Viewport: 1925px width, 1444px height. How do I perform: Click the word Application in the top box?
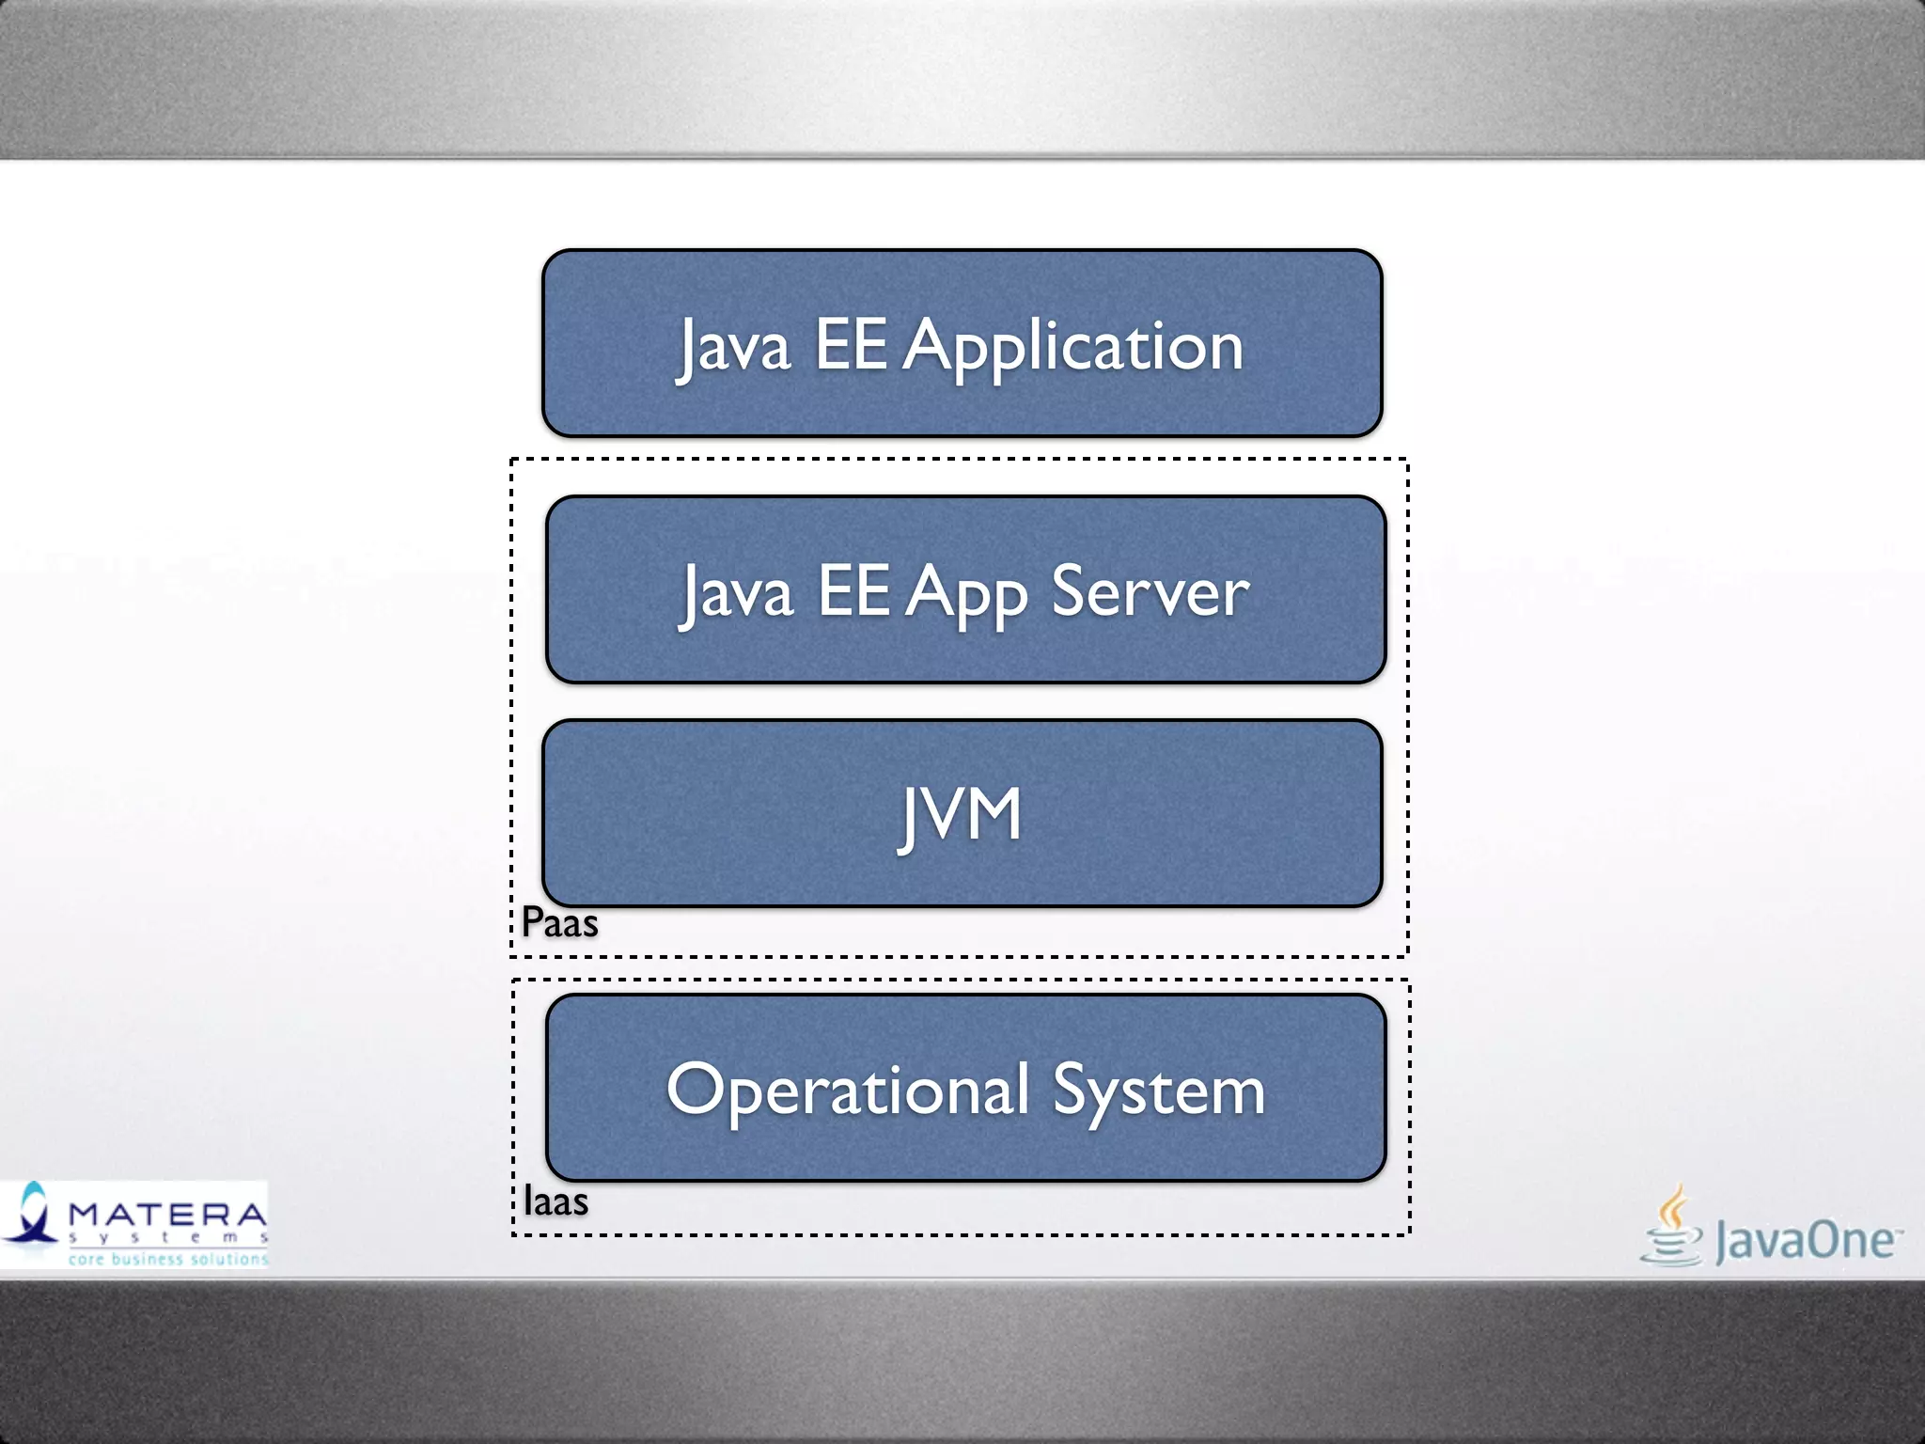1073,347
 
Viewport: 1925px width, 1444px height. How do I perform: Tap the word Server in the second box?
1150,593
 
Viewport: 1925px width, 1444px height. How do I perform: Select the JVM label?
961,815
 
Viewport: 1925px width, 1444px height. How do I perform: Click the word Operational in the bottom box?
848,1091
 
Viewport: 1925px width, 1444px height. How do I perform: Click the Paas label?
560,922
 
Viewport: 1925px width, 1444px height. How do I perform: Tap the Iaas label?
556,1201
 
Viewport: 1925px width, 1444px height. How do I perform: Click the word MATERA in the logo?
167,1215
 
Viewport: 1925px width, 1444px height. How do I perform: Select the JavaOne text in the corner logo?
1805,1241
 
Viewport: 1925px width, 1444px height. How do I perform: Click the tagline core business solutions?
167,1259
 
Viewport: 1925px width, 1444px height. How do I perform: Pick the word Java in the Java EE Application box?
734,347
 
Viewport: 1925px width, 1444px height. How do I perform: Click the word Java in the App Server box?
738,593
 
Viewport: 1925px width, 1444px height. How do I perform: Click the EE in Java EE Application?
851,345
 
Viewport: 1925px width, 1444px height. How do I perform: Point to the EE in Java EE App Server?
853,591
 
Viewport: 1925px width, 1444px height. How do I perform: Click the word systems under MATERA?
167,1238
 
